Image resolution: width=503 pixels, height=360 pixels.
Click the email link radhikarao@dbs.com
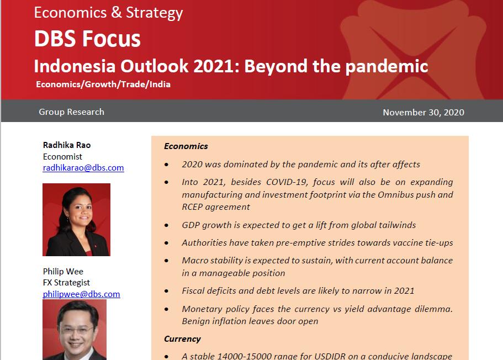83,168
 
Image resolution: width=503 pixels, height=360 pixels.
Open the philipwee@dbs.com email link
82,294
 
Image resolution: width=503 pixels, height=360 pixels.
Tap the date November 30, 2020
423,112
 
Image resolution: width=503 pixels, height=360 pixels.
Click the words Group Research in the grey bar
72,112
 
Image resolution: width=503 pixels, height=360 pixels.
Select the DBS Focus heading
87,39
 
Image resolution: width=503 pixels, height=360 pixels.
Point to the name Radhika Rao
67,145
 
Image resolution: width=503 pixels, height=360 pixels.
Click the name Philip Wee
63,272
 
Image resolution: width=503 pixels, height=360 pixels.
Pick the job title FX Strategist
66,282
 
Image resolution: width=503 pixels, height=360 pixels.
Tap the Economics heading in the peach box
186,146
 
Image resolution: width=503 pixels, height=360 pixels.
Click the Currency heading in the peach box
182,339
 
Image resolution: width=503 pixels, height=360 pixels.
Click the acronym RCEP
192,207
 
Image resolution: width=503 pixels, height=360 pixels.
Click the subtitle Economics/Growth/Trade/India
103,84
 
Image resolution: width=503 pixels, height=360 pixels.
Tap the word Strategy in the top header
154,13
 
